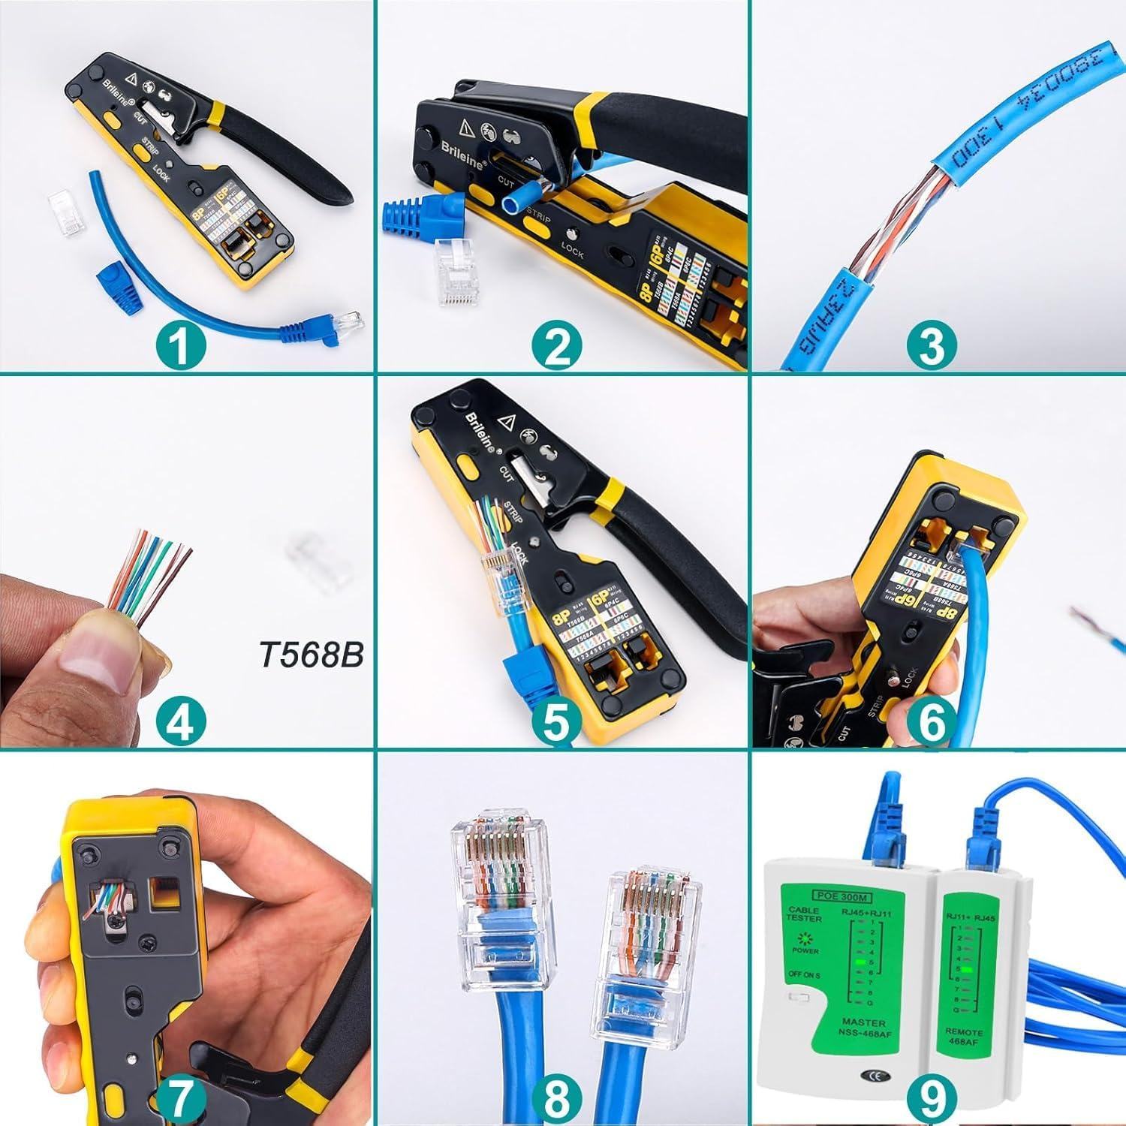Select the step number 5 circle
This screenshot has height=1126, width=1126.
pyautogui.click(x=556, y=722)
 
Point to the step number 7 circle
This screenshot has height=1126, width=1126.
pyautogui.click(x=182, y=1097)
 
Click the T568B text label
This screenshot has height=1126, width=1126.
pyautogui.click(x=311, y=655)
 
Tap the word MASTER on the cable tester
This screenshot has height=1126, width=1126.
pyautogui.click(x=863, y=1022)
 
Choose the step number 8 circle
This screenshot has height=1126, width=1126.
pyautogui.click(x=556, y=1097)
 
